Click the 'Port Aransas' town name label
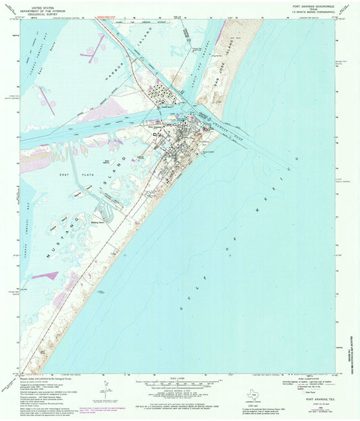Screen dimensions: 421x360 (x=156, y=125)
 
